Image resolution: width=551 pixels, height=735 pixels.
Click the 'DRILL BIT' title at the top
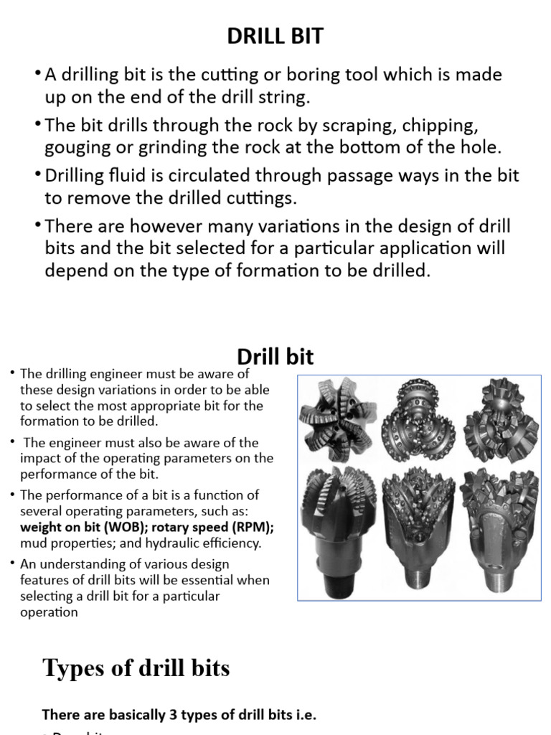click(x=275, y=37)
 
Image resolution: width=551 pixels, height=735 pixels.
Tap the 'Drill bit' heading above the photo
click(x=275, y=357)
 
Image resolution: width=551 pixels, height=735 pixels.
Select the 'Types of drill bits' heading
click(x=136, y=668)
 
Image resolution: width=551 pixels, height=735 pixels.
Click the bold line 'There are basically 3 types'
click(x=179, y=714)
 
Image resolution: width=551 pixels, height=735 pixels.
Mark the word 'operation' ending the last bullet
click(x=49, y=612)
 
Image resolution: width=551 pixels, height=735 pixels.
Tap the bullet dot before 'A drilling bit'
click(x=37, y=74)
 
